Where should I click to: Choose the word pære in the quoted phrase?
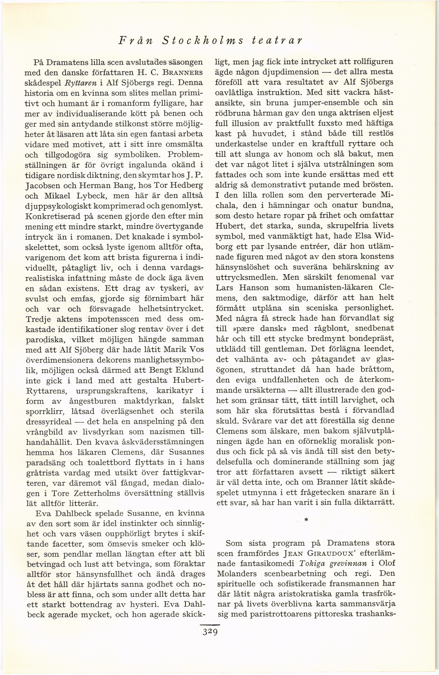click(242, 328)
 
